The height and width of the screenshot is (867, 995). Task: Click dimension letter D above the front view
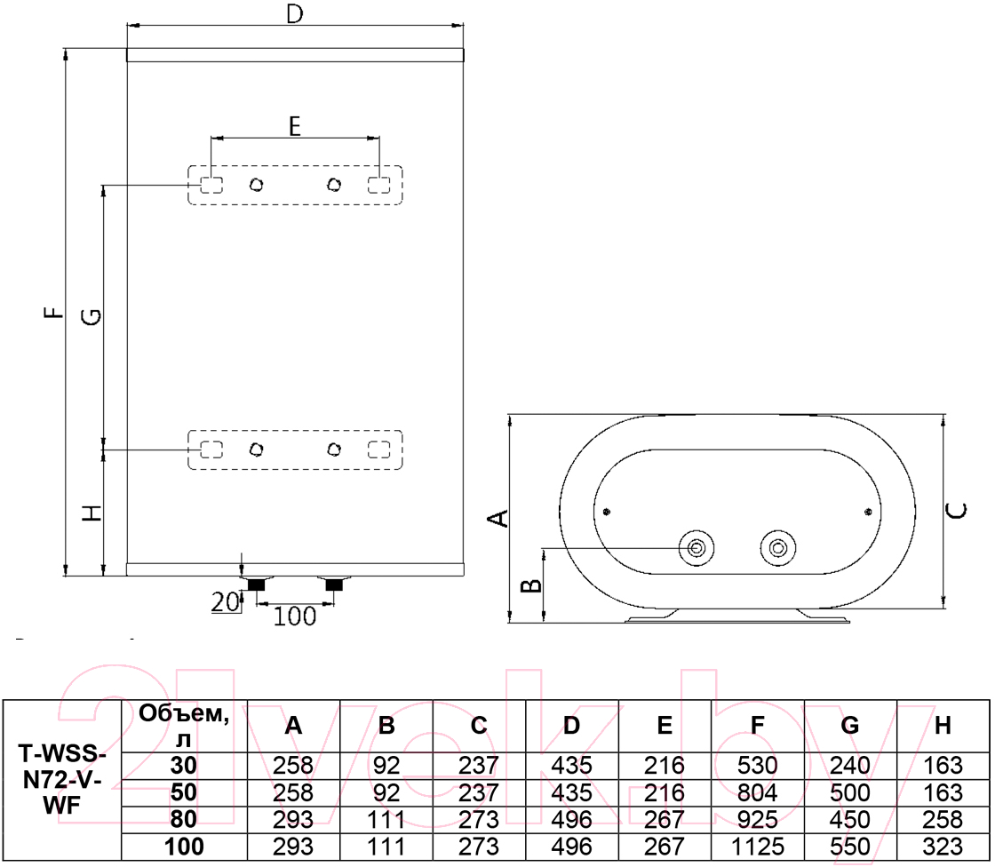pos(295,13)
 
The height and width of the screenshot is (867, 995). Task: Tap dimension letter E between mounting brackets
pos(294,126)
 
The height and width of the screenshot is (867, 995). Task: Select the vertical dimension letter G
pos(92,316)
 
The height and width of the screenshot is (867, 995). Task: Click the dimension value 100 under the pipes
pos(294,616)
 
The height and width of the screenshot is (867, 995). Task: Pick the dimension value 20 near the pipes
pos(225,601)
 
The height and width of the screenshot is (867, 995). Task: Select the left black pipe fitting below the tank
pos(256,585)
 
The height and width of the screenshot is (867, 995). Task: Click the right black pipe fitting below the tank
pos(334,585)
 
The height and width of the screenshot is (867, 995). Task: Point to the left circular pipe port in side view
pos(696,548)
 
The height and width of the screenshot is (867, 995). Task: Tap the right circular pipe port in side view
pos(778,548)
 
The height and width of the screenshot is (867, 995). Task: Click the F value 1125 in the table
pos(757,847)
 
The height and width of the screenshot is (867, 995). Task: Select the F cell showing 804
pos(757,792)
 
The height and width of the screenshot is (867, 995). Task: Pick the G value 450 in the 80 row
pos(849,819)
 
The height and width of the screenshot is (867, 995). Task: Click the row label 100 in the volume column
pos(184,847)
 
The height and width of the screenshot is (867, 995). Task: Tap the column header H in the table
pos(943,726)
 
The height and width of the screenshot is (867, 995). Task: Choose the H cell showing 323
pos(943,847)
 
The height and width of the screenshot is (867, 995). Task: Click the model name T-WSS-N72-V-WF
pos(62,780)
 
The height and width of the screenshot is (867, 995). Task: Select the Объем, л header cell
pos(184,726)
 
